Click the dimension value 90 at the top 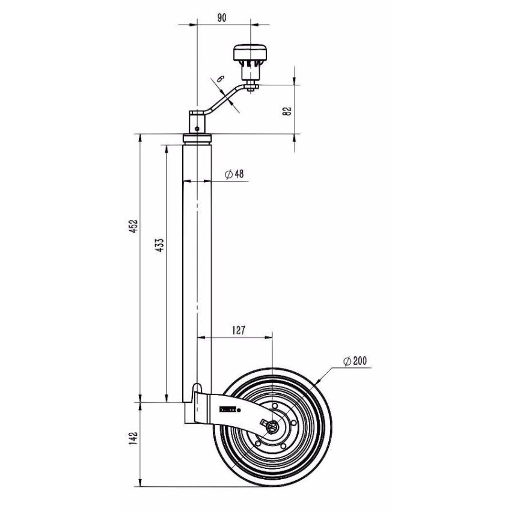click(x=221, y=18)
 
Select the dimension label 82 click(x=287, y=110)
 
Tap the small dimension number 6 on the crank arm click(x=220, y=79)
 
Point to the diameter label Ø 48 click(x=234, y=174)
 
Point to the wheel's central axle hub click(x=274, y=426)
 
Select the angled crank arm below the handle click(x=222, y=102)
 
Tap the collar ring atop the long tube click(x=197, y=139)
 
